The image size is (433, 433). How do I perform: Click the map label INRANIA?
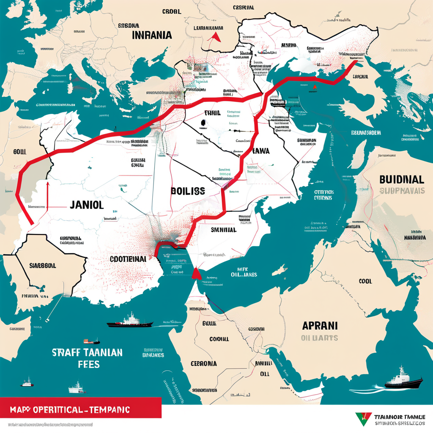[x=152, y=35]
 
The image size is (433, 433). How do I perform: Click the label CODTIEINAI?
[x=128, y=258]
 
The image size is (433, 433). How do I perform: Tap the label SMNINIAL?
[x=223, y=230]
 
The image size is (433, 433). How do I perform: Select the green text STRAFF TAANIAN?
[x=88, y=352]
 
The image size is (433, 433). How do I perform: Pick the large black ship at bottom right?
[x=403, y=379]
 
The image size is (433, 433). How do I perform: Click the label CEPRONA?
[x=203, y=364]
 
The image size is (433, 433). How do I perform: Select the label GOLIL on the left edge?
[x=20, y=151]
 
